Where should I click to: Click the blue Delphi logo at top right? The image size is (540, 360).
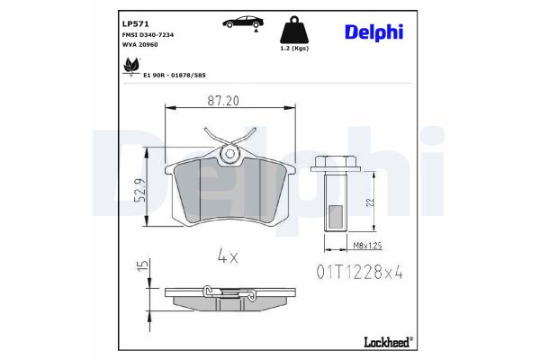click(373, 32)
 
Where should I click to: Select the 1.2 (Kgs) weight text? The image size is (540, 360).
click(294, 49)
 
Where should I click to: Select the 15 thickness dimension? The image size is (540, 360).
click(141, 267)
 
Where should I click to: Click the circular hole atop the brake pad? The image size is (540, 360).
click(229, 154)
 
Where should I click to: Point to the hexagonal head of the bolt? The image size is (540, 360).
click(337, 164)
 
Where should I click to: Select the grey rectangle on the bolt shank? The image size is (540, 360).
click(336, 216)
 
